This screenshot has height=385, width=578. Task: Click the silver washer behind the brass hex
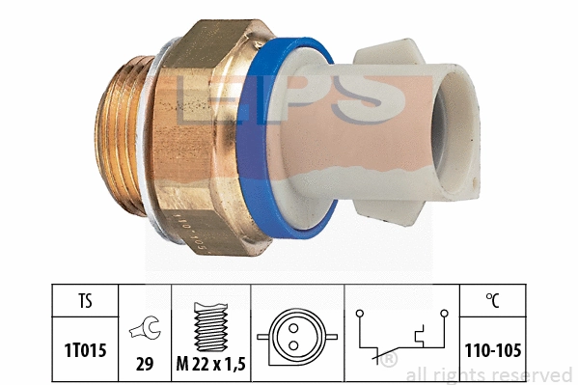(x=157, y=145)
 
